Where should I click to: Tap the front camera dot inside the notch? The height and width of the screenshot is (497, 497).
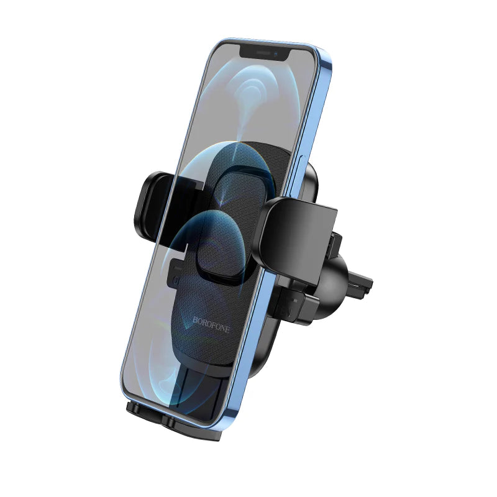[x=275, y=53]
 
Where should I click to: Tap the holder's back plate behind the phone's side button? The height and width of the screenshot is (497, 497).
[x=313, y=180]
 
